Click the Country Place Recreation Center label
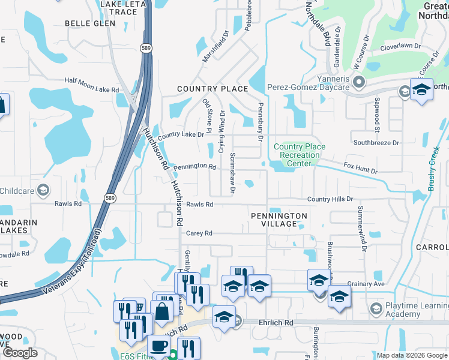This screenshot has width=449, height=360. [x=300, y=155]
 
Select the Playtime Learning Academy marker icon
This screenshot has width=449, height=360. [x=376, y=308]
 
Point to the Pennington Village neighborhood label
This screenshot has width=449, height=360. [x=279, y=220]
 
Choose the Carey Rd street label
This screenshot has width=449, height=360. [x=199, y=233]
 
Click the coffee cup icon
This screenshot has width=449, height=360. [x=159, y=346]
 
